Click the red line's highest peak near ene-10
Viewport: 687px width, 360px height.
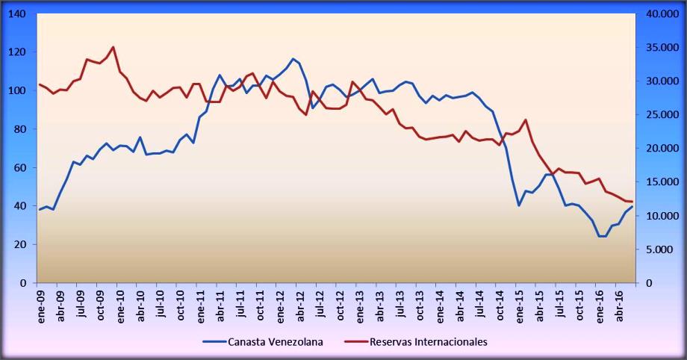click(113, 47)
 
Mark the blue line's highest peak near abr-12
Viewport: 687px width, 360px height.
click(293, 58)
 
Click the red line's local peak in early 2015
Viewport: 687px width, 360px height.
click(526, 120)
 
